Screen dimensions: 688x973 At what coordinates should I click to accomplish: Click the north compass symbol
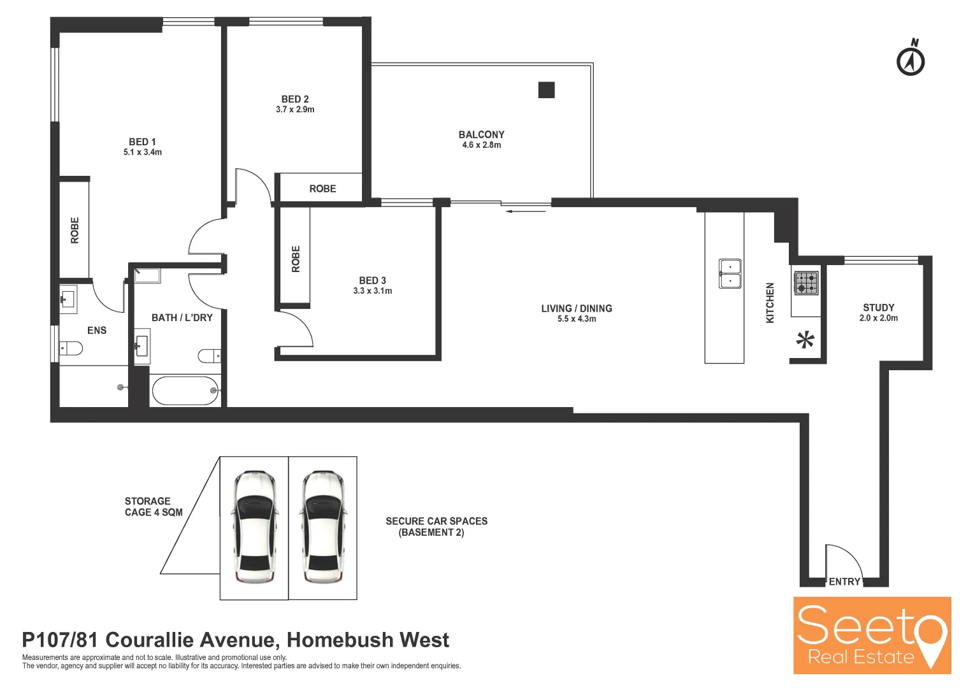911,60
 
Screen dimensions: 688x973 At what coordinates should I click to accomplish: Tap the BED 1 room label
142,142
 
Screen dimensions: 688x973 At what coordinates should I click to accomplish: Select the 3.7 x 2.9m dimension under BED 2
295,110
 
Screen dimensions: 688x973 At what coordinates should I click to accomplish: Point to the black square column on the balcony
546,90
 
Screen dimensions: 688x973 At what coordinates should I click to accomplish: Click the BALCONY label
481,134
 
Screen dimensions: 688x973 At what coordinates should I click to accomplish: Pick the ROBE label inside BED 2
322,189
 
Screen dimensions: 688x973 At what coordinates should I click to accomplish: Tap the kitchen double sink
730,273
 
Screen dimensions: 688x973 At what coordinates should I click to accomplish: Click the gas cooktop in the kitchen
806,282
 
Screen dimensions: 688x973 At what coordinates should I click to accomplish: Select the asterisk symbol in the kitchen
805,340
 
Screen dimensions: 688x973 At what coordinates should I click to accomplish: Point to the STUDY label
878,308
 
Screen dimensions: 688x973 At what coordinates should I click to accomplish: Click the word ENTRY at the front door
844,582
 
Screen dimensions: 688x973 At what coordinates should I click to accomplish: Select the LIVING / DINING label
576,308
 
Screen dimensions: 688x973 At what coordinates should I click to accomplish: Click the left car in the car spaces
254,527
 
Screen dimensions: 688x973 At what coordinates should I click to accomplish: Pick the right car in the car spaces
323,527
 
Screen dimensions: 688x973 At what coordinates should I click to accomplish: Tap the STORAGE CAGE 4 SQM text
153,506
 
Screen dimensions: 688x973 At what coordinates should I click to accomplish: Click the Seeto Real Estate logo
872,635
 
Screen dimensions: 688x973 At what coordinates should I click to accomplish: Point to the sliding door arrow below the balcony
526,211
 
